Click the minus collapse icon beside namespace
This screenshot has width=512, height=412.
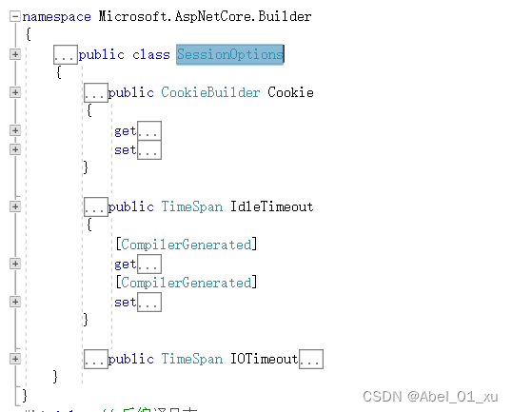coord(14,16)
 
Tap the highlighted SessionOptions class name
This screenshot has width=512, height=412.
coord(229,54)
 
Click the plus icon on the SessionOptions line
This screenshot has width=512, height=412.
coord(14,54)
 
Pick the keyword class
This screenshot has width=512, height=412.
coord(150,54)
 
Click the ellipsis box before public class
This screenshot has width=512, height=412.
coord(66,54)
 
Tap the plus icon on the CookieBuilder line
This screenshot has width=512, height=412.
coord(14,92)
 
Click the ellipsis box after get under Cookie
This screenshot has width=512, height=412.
coord(149,130)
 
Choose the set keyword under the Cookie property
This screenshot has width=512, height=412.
coord(125,149)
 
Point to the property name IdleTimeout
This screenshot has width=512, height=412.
coord(271,206)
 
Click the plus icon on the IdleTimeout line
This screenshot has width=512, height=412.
coord(14,206)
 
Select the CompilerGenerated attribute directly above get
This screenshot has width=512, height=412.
coord(186,245)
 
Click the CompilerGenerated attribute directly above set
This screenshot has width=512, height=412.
coord(186,283)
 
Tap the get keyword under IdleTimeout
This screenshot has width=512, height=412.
coord(125,264)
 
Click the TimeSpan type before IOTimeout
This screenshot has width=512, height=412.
coord(191,359)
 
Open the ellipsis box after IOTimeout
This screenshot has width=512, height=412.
coord(311,359)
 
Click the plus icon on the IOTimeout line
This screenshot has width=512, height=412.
coord(14,359)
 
